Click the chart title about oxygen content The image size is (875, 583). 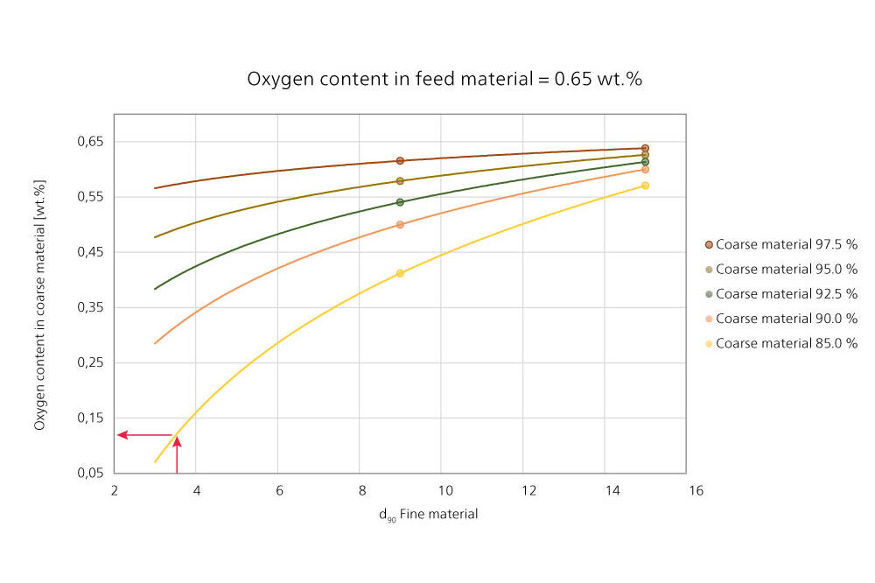[444, 79]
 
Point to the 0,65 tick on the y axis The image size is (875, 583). [91, 141]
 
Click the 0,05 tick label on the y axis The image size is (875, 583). [91, 473]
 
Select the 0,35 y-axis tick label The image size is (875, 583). [91, 307]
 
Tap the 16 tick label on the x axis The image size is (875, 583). [696, 490]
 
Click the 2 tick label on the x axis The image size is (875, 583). [114, 490]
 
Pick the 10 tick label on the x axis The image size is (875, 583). [444, 490]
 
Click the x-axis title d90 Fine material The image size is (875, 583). [428, 515]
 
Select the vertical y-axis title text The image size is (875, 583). [40, 305]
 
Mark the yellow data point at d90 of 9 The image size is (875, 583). [400, 273]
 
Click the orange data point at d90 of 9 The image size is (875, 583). [400, 224]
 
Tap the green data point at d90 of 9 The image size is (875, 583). [400, 202]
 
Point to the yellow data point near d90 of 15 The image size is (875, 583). [645, 186]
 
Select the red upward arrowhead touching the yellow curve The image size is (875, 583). [177, 441]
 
